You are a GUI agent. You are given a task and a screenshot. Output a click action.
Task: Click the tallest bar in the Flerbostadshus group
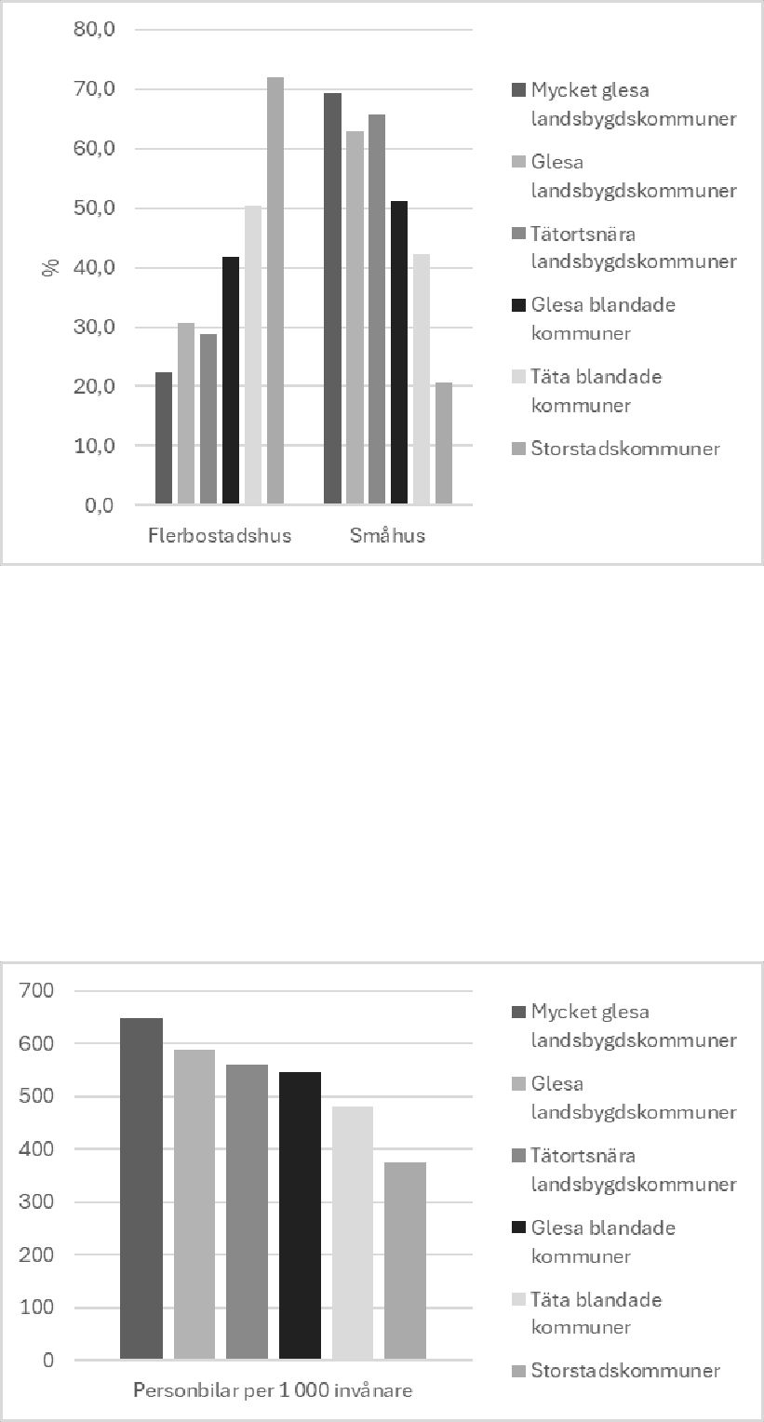point(275,290)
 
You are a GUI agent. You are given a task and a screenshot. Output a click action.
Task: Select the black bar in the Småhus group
point(399,353)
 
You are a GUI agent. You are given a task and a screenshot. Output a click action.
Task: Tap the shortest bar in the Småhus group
point(444,443)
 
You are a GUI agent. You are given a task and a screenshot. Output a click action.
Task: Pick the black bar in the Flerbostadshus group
point(231,381)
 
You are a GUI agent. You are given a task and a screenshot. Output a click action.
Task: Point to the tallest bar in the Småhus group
point(332,299)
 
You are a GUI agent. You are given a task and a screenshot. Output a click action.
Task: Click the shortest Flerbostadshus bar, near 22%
point(164,438)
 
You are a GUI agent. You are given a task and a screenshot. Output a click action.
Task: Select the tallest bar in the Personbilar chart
point(141,1188)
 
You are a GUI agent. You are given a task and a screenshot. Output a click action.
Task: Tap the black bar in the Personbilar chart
point(300,1215)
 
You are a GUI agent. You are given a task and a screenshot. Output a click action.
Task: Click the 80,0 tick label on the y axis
point(94,30)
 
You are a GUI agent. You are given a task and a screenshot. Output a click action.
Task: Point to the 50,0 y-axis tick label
point(94,208)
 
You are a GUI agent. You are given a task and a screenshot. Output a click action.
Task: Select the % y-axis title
point(50,268)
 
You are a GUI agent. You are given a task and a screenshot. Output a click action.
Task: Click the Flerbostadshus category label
point(220,536)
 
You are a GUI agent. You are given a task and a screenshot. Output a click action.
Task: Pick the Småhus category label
point(388,536)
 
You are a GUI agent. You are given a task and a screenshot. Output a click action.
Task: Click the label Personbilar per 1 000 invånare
point(273,1391)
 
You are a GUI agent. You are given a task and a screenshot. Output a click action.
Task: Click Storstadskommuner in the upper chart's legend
point(625,449)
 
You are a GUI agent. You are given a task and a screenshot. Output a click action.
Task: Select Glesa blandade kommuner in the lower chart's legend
point(603,1241)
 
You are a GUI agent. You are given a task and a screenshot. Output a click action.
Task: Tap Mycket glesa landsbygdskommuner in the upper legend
point(633,104)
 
